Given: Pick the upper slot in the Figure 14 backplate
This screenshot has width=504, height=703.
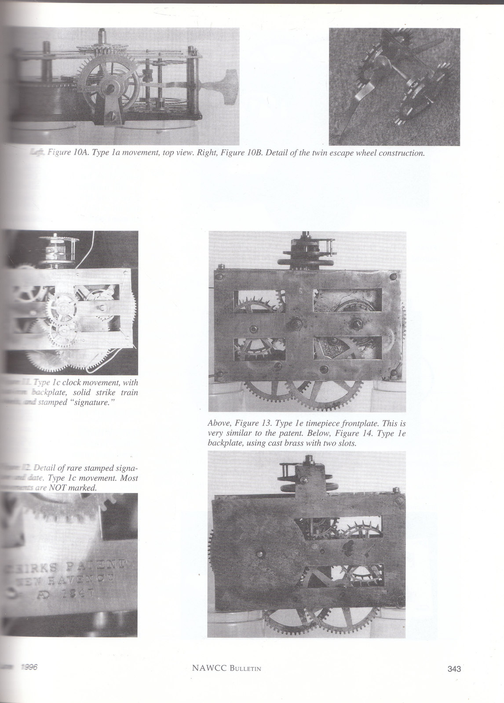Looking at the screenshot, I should point(347,527).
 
